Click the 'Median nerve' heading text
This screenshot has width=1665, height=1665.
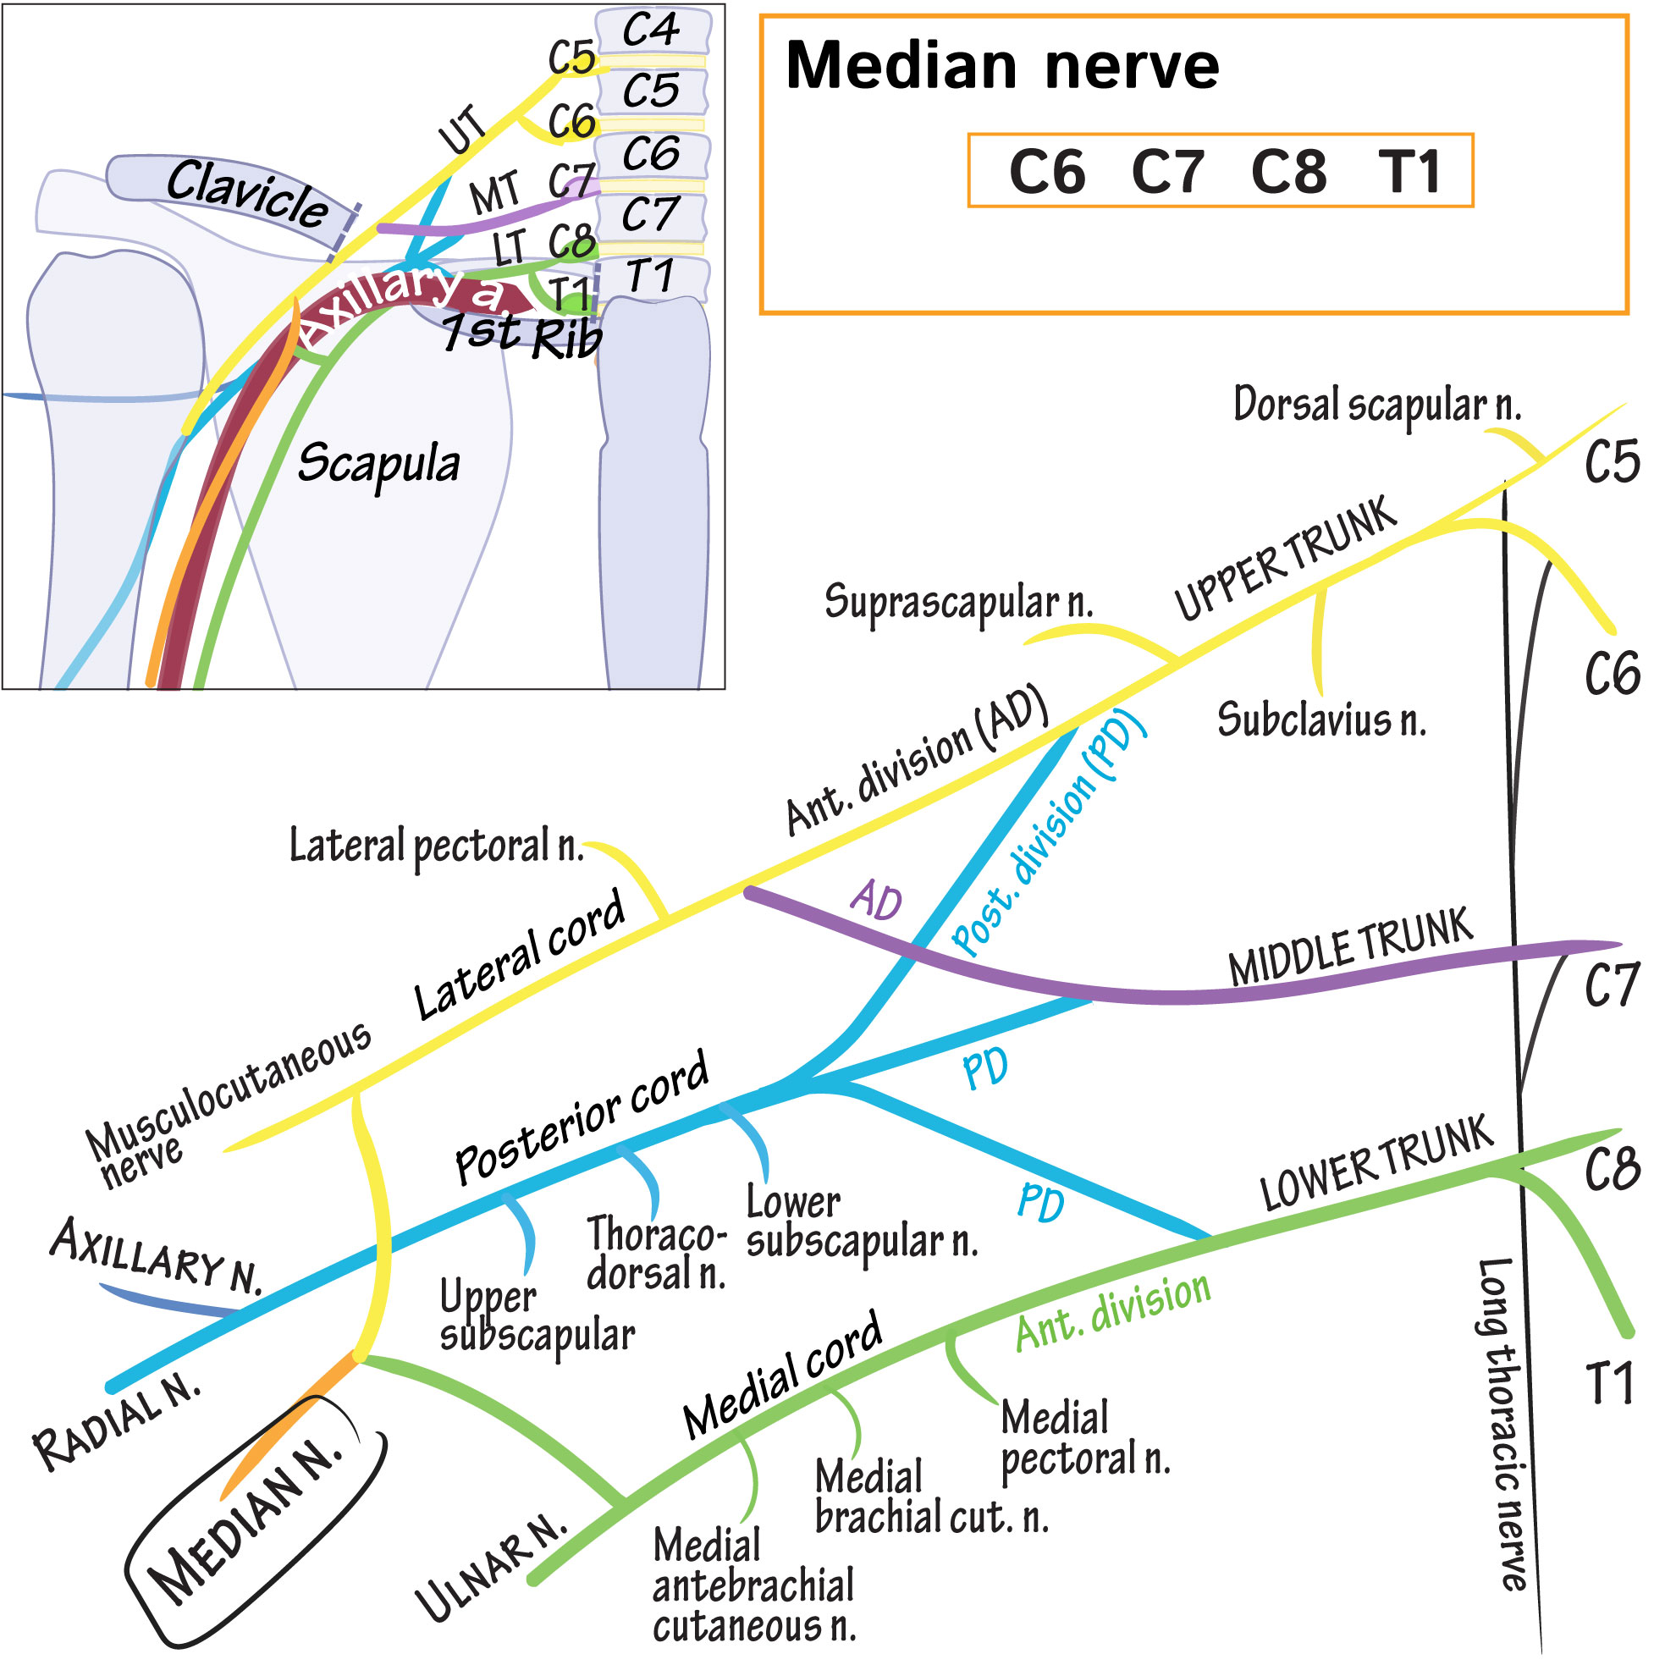point(1001,66)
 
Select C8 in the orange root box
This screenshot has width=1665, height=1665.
point(1288,172)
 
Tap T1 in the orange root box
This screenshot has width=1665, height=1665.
point(1409,172)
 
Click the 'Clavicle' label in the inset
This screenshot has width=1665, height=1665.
point(246,194)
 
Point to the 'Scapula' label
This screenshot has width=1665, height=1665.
point(378,463)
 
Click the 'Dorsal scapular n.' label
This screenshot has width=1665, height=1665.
point(1376,405)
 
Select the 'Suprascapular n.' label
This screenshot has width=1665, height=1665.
point(958,601)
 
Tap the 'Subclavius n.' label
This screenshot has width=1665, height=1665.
point(1321,719)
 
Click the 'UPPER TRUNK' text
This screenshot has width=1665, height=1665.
point(1285,558)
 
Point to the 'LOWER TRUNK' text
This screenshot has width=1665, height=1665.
point(1376,1162)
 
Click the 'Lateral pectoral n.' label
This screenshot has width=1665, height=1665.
point(436,846)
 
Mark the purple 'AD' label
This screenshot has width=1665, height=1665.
point(876,901)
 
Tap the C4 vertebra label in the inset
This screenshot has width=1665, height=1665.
point(651,31)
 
